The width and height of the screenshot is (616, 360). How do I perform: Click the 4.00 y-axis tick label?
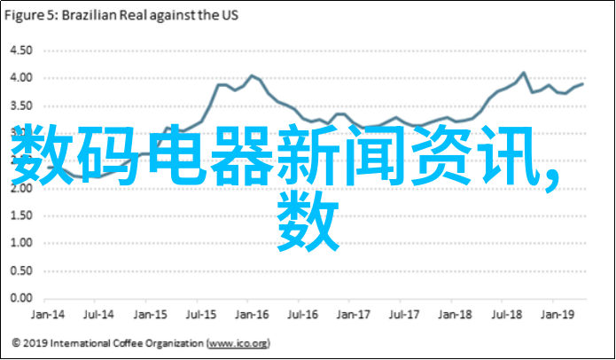tap(20, 78)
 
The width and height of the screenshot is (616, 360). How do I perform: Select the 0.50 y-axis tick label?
tap(20, 271)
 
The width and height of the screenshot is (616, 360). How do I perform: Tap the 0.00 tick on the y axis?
tap(20, 299)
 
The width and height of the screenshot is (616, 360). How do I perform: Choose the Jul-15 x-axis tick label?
tap(204, 314)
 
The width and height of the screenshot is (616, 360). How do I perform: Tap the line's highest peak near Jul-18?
tap(523, 73)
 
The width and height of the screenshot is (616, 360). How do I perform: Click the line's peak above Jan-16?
tap(252, 75)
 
